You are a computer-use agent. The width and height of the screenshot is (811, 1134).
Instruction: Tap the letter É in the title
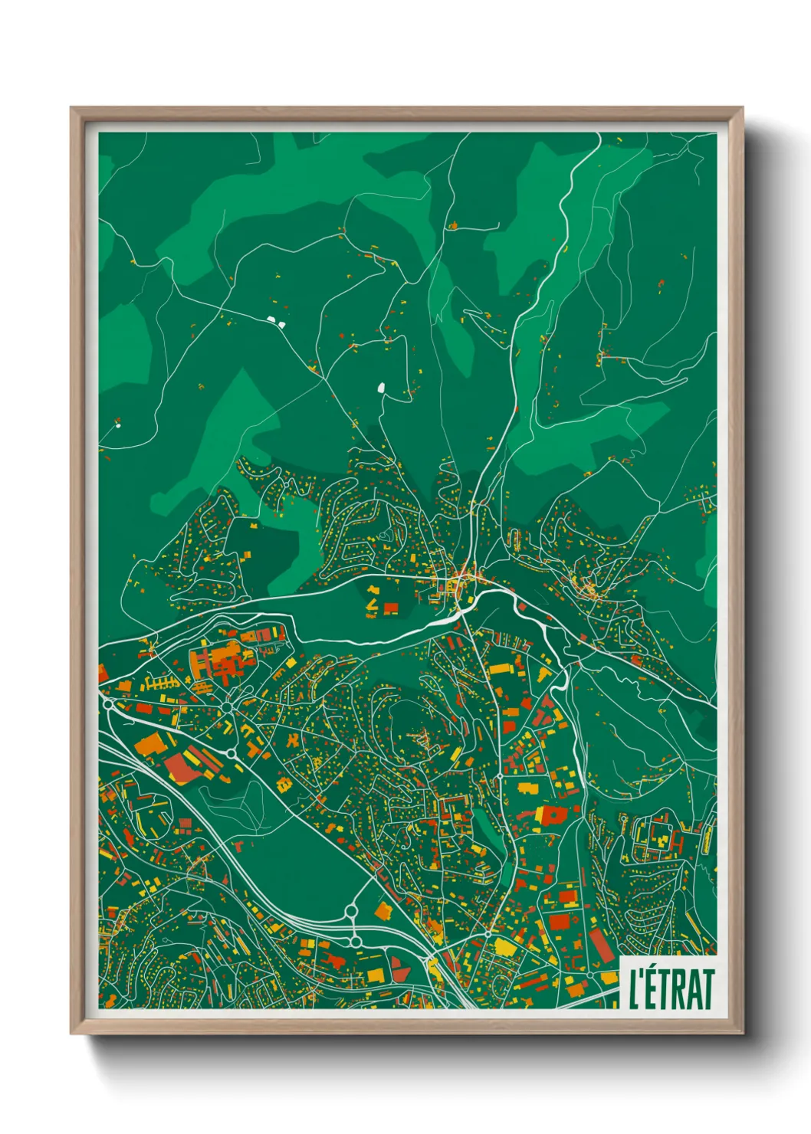652,988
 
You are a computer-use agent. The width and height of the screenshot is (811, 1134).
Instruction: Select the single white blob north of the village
381,388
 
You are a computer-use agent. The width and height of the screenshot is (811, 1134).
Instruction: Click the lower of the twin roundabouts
356,941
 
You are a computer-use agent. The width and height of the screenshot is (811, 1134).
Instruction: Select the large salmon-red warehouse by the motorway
182,767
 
